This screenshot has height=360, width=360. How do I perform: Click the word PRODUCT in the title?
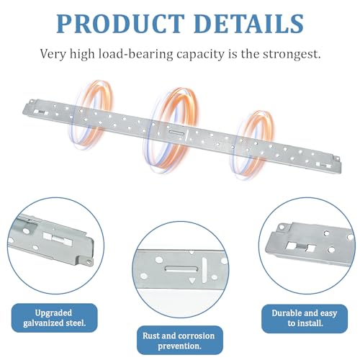point(121,24)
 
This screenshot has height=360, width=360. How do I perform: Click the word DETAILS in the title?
point(249,24)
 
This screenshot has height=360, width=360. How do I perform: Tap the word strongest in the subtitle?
point(292,54)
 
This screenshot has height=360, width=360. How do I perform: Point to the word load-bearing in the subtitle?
point(135,54)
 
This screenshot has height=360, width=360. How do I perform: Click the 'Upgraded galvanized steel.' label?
point(55,318)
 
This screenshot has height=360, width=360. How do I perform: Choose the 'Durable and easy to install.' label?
point(305,318)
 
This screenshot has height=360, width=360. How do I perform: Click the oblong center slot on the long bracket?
point(177,132)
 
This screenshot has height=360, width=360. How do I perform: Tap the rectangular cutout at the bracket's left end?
point(41,112)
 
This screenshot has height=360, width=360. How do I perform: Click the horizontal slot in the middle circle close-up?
point(181,269)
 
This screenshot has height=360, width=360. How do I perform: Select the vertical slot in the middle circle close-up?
point(204,270)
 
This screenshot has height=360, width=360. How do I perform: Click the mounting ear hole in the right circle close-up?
point(282,227)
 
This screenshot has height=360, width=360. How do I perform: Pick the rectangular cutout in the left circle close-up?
point(58,239)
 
